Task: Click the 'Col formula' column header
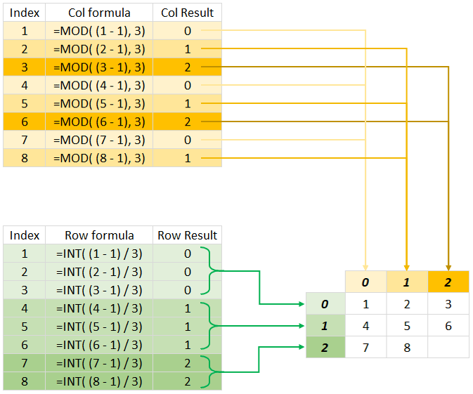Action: pyautogui.click(x=99, y=13)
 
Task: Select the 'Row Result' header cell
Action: pyautogui.click(x=187, y=235)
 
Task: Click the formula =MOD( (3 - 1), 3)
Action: pyautogui.click(x=99, y=67)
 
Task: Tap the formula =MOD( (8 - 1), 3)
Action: pyautogui.click(x=99, y=158)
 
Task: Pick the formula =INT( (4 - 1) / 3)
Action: pyautogui.click(x=99, y=308)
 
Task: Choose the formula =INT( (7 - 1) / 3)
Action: pyautogui.click(x=99, y=363)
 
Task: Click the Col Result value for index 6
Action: pyautogui.click(x=187, y=122)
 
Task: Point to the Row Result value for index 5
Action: pyautogui.click(x=187, y=327)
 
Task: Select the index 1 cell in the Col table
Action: pyautogui.click(x=25, y=31)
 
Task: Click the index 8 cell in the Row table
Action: pyautogui.click(x=25, y=381)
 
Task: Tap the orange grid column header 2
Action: pyautogui.click(x=448, y=282)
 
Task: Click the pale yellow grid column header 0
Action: pyautogui.click(x=365, y=282)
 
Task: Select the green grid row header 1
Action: pyautogui.click(x=325, y=327)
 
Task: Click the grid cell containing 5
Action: pyautogui.click(x=406, y=327)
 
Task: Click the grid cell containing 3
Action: pyautogui.click(x=448, y=305)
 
